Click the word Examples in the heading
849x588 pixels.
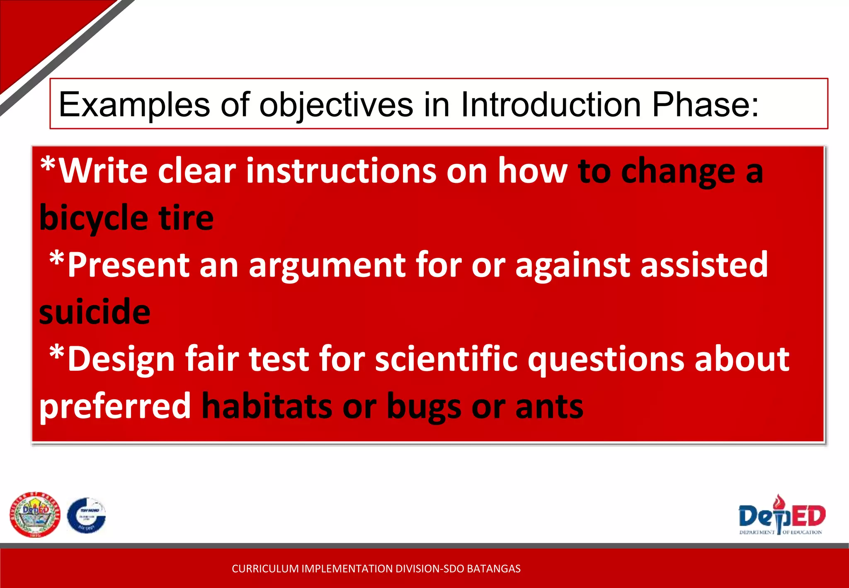tap(134, 104)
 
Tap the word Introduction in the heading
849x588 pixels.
tap(551, 104)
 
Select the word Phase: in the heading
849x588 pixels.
tap(705, 104)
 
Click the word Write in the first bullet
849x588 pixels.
tap(103, 171)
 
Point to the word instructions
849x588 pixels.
tap(341, 171)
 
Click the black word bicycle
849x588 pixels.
tap(94, 219)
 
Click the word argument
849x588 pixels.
tap(327, 266)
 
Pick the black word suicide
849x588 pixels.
tap(95, 312)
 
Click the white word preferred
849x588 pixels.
tap(115, 406)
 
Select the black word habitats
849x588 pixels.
tap(267, 406)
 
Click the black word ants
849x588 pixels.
tap(549, 406)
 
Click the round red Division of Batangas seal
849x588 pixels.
tap(35, 515)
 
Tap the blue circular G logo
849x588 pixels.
tap(87, 515)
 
